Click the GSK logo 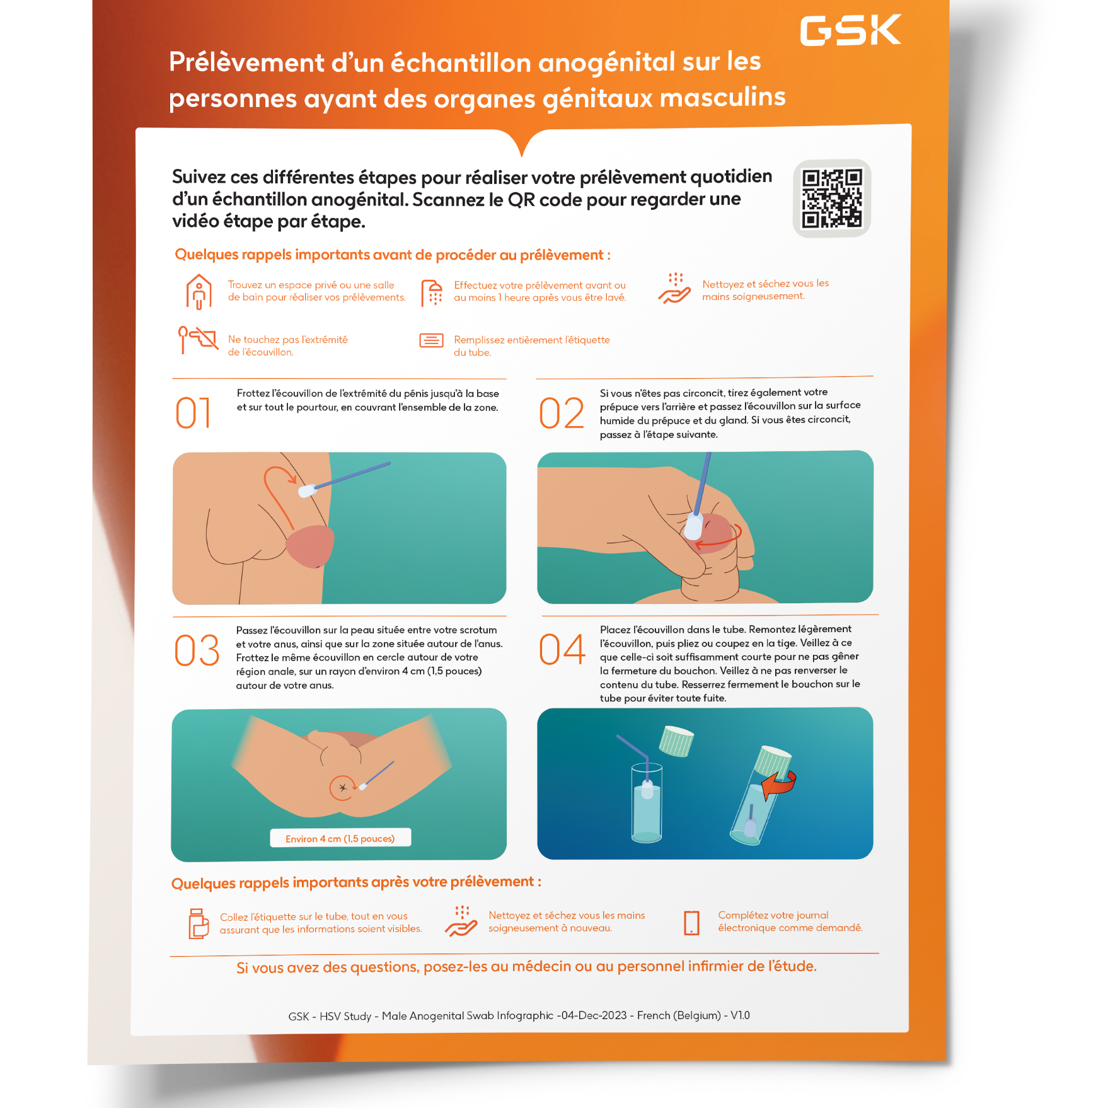(850, 30)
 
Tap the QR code (831, 198)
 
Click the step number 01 (193, 413)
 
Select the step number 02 (561, 413)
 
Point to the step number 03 (197, 650)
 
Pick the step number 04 (562, 649)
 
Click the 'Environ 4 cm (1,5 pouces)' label (340, 838)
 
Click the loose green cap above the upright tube (676, 741)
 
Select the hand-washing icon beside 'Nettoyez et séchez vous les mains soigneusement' (674, 289)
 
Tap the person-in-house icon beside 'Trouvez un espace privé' (199, 292)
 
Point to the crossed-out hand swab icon (197, 340)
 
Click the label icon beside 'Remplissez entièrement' (432, 341)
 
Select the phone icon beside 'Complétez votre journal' (691, 923)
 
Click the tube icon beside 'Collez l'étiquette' (199, 924)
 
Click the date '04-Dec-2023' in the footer (593, 1015)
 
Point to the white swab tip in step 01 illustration (307, 490)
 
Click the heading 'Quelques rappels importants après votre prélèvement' (356, 882)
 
